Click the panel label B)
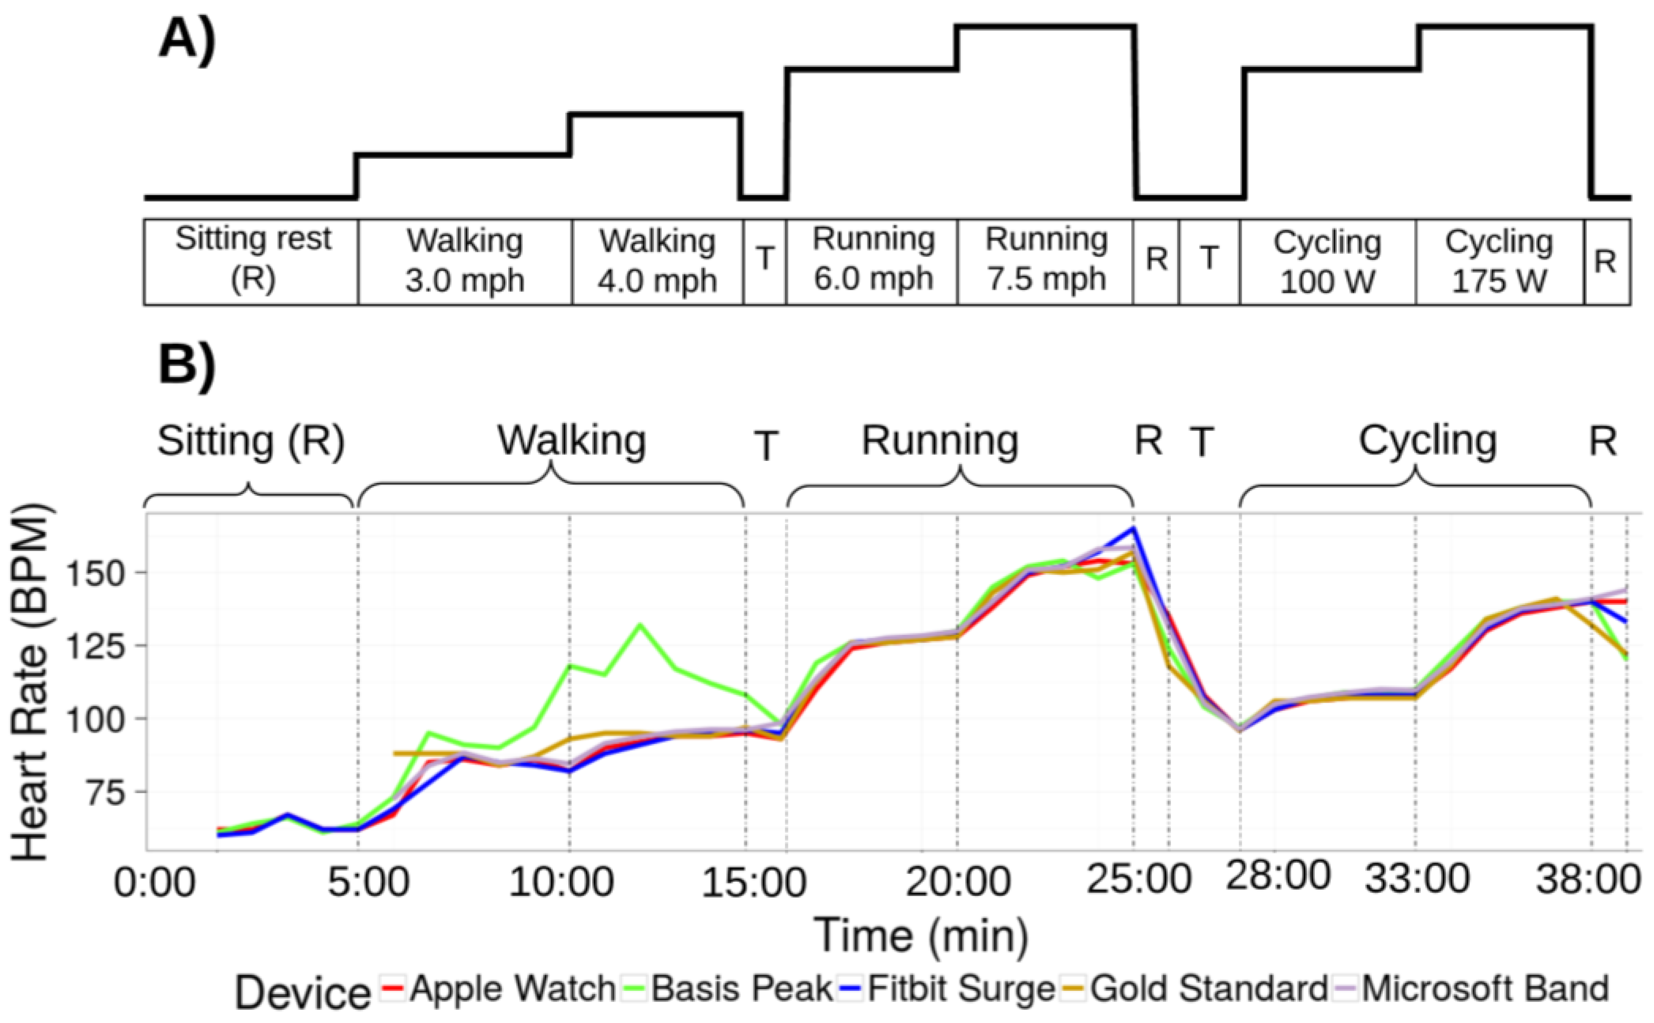point(188,366)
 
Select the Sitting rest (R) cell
point(252,260)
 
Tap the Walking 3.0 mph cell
point(465,260)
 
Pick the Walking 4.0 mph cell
point(657,260)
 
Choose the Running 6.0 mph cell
point(873,260)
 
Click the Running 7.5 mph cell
point(1046,260)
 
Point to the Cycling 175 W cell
point(1499,260)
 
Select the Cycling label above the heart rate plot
point(1427,441)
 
